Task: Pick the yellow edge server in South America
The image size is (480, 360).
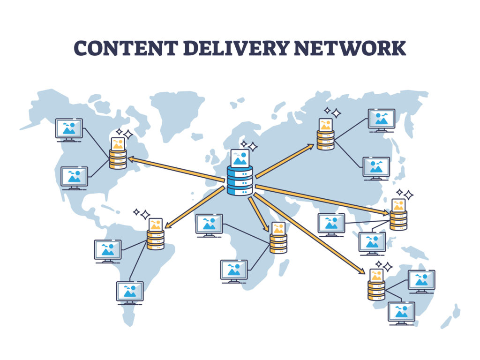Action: tap(156, 240)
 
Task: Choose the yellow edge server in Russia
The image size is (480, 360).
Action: tap(325, 140)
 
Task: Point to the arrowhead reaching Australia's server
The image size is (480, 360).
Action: tap(361, 271)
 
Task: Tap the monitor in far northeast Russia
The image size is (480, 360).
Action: tap(381, 119)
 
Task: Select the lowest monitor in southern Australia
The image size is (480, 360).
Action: tap(401, 312)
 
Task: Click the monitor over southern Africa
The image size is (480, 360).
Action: tap(234, 270)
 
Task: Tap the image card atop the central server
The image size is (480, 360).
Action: tap(240, 158)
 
